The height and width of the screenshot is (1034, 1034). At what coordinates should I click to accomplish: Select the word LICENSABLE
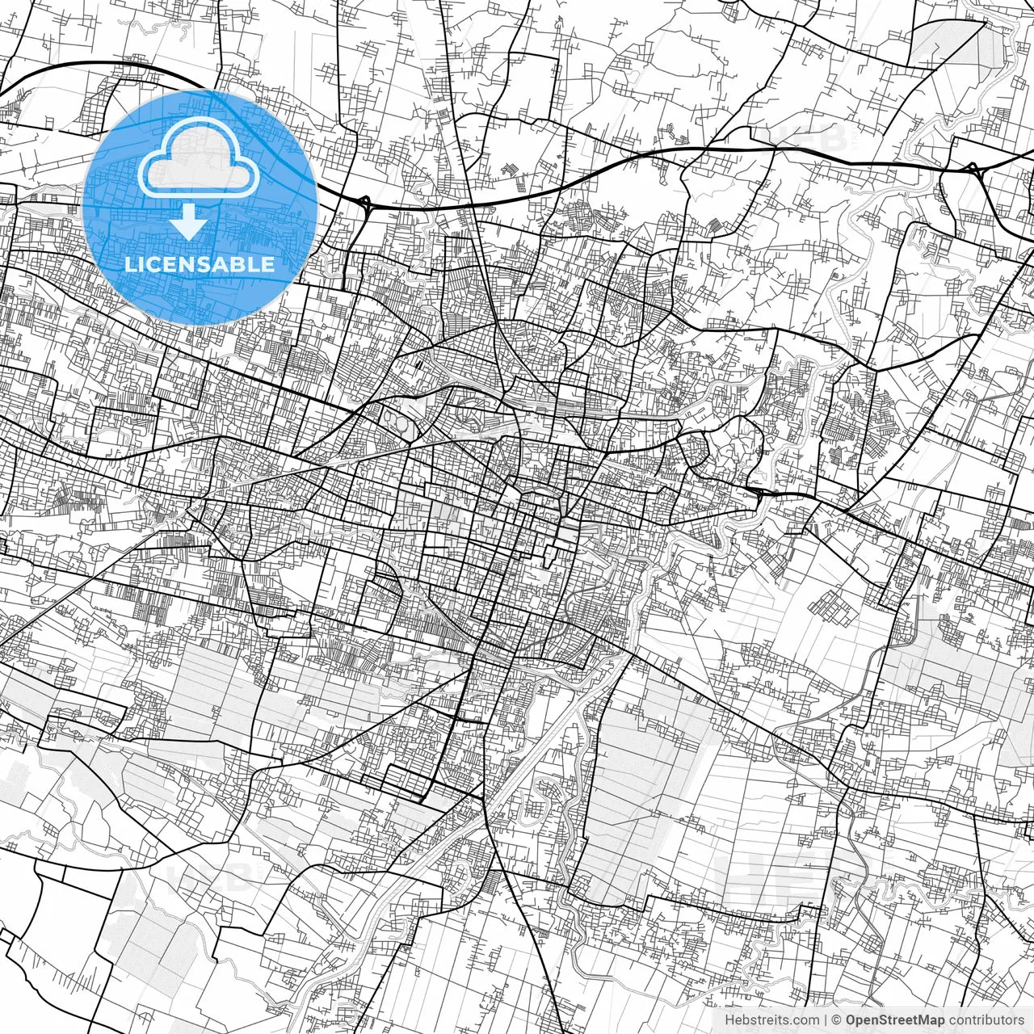point(199,264)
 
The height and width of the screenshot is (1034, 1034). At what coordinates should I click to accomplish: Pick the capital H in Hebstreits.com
point(730,1020)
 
